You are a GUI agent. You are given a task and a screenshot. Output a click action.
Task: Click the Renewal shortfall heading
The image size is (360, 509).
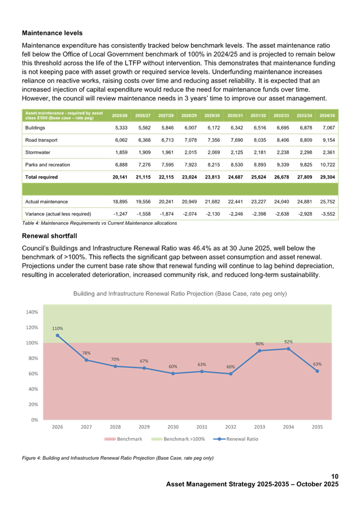click(x=49, y=236)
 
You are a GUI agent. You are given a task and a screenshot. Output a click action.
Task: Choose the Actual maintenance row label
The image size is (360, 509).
click(x=42, y=202)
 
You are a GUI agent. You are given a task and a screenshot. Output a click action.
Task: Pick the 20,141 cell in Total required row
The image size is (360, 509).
click(x=119, y=177)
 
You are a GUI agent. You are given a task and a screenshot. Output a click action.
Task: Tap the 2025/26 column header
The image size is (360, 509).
click(x=119, y=115)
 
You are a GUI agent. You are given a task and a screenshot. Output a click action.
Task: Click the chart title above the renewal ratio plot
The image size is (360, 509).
click(x=180, y=294)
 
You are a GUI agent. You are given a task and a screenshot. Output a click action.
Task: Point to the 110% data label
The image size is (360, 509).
click(x=58, y=328)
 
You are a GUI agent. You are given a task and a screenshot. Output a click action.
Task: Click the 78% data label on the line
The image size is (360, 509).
click(x=86, y=353)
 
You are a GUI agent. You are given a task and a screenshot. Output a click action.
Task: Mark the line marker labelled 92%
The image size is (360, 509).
click(x=288, y=349)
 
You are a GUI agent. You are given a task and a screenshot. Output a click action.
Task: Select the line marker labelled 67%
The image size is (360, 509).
click(x=144, y=368)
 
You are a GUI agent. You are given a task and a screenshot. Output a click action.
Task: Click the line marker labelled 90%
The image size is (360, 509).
click(x=259, y=350)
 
